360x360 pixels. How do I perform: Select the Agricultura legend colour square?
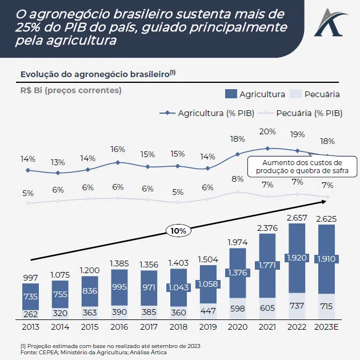(231, 94)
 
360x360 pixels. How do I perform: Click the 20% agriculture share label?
(267, 131)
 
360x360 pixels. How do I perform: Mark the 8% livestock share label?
(237, 179)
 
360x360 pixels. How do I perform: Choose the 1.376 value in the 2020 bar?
(237, 273)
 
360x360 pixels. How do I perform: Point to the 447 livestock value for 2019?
(207, 310)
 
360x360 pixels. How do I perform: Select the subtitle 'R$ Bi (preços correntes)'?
(71, 90)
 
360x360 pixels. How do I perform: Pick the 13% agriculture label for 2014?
(58, 162)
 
